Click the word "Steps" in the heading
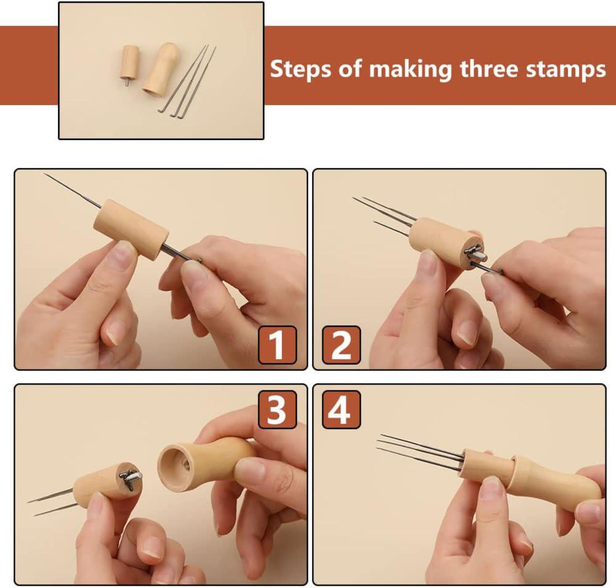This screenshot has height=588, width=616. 301,70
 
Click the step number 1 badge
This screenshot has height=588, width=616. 277,345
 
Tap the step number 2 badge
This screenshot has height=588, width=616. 341,345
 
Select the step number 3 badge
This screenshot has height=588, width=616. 277,409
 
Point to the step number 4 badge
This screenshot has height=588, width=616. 341,409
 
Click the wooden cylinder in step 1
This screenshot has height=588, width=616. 131,228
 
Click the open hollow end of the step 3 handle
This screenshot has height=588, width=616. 175,465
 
